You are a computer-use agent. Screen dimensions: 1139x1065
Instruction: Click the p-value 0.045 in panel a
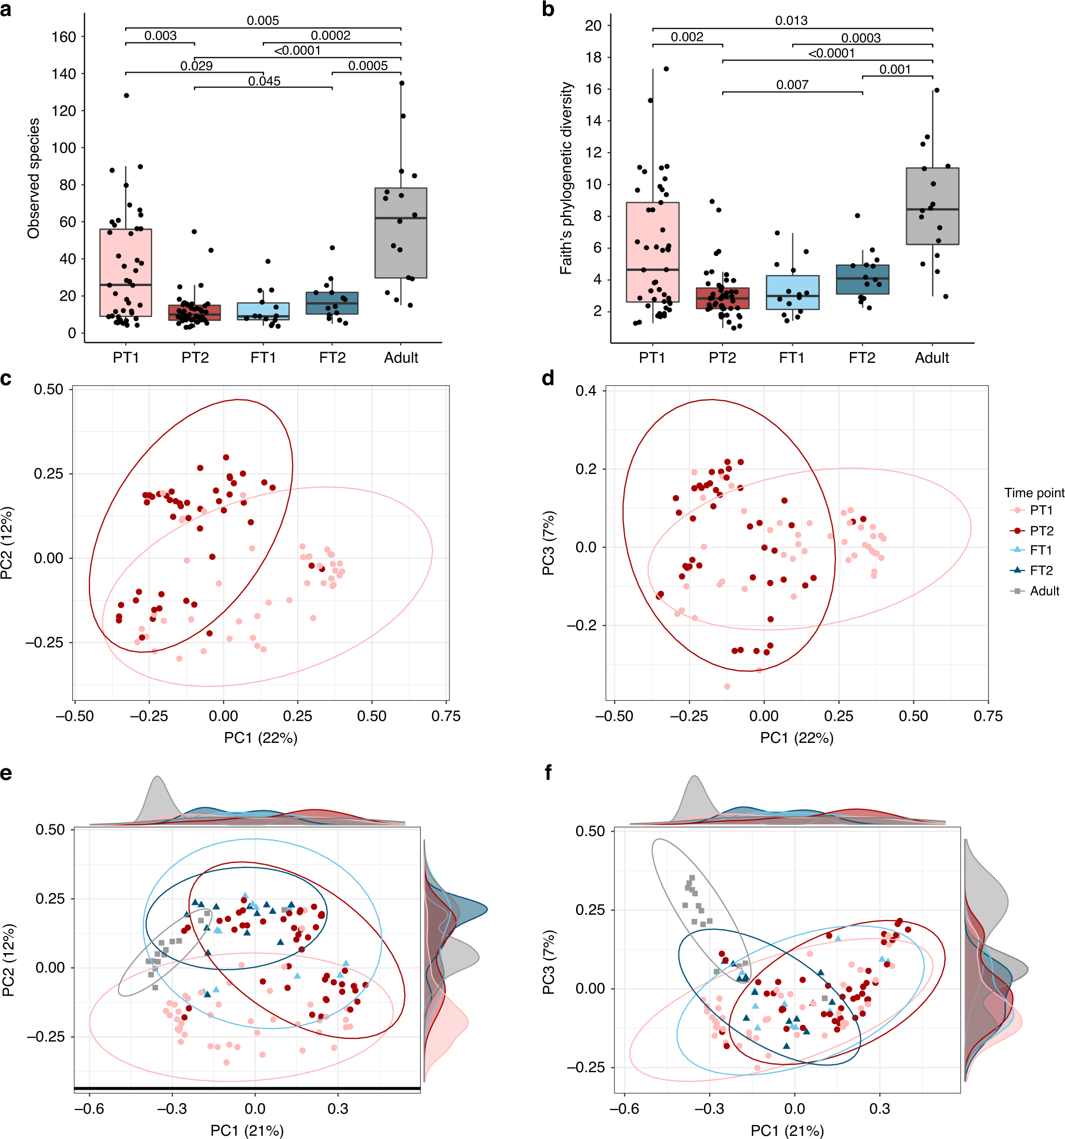pyautogui.click(x=264, y=82)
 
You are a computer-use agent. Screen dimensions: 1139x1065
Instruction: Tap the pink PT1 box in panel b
pyautogui.click(x=653, y=252)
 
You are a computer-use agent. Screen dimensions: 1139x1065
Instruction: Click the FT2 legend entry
pyautogui.click(x=1041, y=570)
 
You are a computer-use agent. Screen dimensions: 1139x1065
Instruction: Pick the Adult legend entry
pyautogui.click(x=1044, y=591)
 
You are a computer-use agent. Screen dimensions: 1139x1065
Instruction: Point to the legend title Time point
pyautogui.click(x=1034, y=493)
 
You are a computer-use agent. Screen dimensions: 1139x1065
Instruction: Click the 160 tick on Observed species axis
pyautogui.click(x=64, y=37)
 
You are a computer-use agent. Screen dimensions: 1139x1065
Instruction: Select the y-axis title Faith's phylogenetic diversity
pyautogui.click(x=566, y=178)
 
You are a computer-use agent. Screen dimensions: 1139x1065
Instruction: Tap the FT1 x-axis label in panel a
pyautogui.click(x=263, y=358)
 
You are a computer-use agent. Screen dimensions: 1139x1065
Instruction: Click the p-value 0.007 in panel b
pyautogui.click(x=792, y=85)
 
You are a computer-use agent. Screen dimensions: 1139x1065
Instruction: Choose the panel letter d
pyautogui.click(x=548, y=378)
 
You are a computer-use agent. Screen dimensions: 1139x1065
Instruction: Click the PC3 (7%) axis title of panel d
pyautogui.click(x=549, y=543)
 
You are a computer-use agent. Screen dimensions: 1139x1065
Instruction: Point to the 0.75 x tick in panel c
pyautogui.click(x=445, y=716)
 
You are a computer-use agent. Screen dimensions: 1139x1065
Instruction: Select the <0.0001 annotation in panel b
pyautogui.click(x=831, y=53)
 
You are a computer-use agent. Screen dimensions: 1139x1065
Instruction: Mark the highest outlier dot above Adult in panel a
pyautogui.click(x=402, y=83)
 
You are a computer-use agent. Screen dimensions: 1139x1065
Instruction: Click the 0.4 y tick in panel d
pyautogui.click(x=586, y=391)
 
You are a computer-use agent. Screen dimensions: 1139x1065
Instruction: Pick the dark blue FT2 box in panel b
pyautogui.click(x=862, y=280)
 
